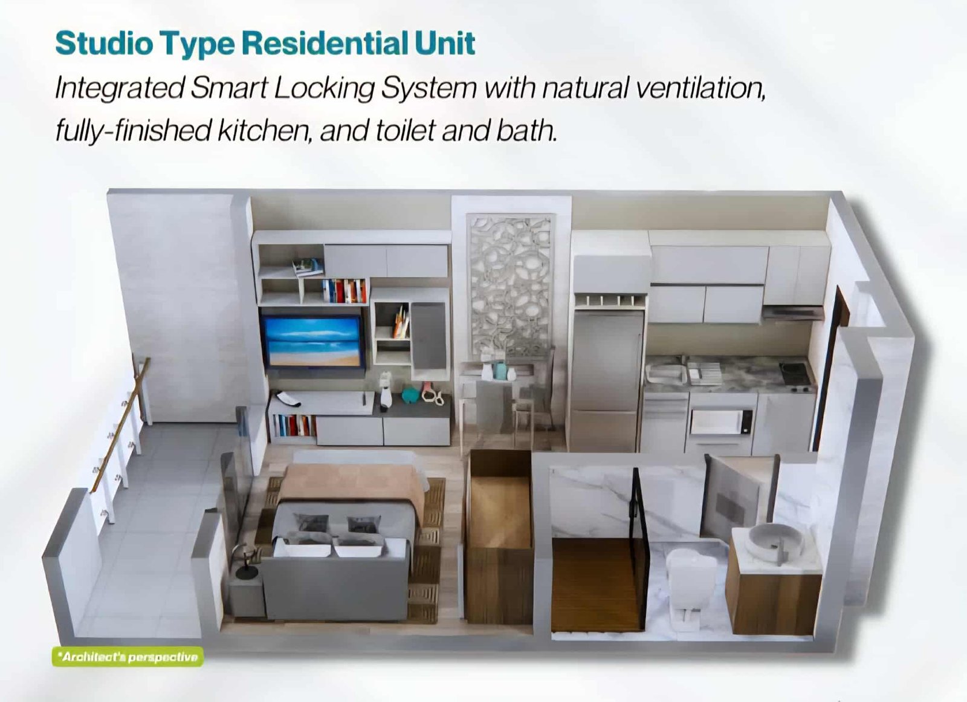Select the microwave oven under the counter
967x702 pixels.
[x=722, y=421]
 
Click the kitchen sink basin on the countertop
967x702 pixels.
[x=665, y=373]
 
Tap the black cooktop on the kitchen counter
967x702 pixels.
[x=795, y=373]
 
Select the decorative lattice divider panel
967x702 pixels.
[x=510, y=287]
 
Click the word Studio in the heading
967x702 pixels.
[x=105, y=44]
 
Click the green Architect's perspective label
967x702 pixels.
[x=128, y=657]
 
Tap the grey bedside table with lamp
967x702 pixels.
[x=247, y=594]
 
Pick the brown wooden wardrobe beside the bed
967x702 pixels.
[x=499, y=537]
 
